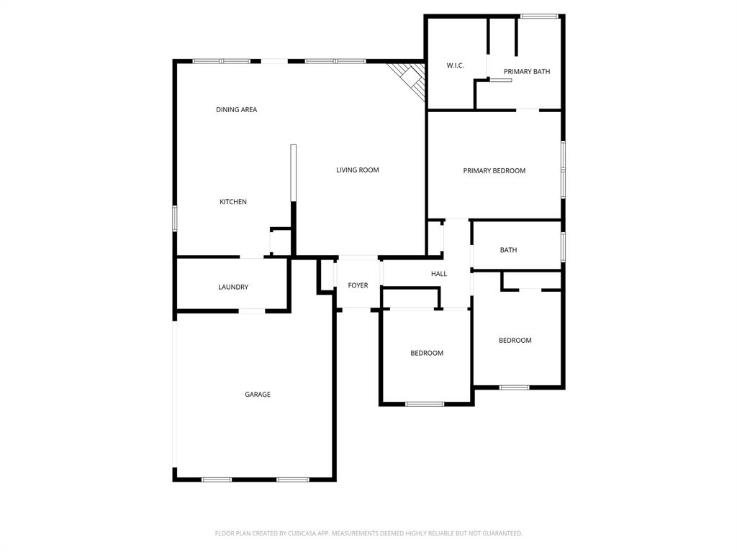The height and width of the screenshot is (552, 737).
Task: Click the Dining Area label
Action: pyautogui.click(x=236, y=110)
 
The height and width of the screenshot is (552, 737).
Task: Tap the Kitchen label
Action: pyautogui.click(x=232, y=202)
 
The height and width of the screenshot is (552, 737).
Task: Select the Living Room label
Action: pyautogui.click(x=357, y=170)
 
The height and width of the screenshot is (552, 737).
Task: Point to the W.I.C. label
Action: pyautogui.click(x=455, y=66)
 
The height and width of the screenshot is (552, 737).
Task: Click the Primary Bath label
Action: pyautogui.click(x=526, y=72)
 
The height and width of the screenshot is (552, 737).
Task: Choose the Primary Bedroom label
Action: pyautogui.click(x=494, y=171)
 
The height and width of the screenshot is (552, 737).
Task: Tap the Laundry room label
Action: pyautogui.click(x=232, y=287)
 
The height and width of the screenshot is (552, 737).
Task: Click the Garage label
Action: pyautogui.click(x=257, y=395)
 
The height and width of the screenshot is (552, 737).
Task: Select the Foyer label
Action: pyautogui.click(x=358, y=286)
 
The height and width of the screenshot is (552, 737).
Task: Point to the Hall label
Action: pyautogui.click(x=438, y=274)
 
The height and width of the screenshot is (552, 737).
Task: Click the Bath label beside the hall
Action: pyautogui.click(x=508, y=250)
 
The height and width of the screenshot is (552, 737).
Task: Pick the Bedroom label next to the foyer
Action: pyautogui.click(x=426, y=354)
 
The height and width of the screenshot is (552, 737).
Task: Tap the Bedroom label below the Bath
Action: pyautogui.click(x=515, y=341)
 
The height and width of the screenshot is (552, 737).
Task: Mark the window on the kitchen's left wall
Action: pyautogui.click(x=174, y=218)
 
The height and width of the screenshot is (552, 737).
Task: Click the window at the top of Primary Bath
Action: pyautogui.click(x=539, y=16)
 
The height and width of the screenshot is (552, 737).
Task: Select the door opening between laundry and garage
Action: pyautogui.click(x=251, y=311)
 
